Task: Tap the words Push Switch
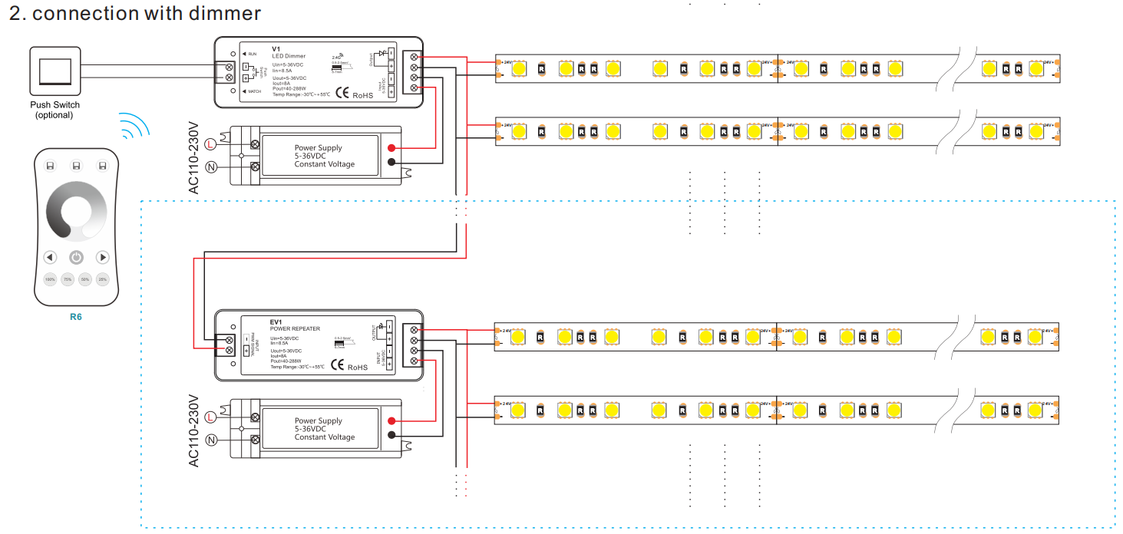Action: tap(54, 104)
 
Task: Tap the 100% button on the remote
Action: tap(50, 279)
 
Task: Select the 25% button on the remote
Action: tap(103, 279)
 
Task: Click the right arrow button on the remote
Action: tap(102, 257)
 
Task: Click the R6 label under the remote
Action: tap(75, 316)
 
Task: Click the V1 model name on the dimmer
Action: tap(276, 49)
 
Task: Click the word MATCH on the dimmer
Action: tap(253, 92)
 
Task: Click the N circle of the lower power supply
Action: tap(210, 440)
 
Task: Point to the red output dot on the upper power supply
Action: tap(391, 147)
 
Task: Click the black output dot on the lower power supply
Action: tap(391, 435)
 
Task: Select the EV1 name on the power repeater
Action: tap(276, 321)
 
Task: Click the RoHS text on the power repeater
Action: tap(358, 368)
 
